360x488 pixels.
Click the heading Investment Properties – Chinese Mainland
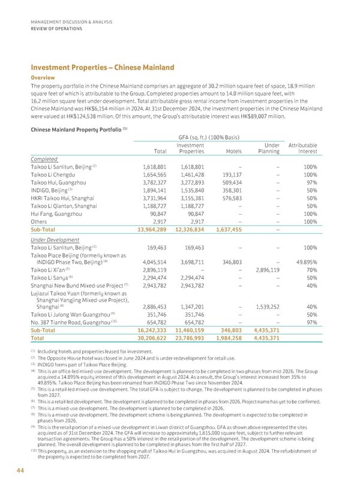[98, 67]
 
